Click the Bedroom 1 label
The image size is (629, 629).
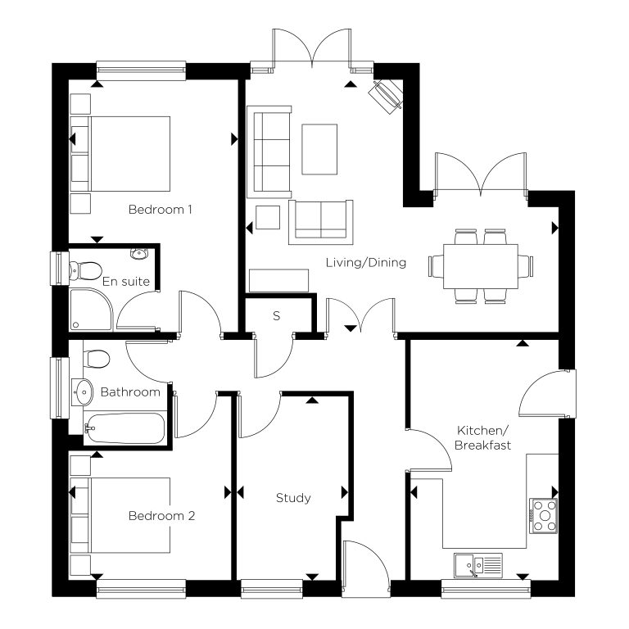tap(160, 210)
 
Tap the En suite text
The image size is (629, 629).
tap(126, 282)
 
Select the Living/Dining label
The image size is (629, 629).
tap(366, 263)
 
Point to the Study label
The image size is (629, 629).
tap(293, 498)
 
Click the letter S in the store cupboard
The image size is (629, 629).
tap(276, 316)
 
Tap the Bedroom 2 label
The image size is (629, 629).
tap(161, 516)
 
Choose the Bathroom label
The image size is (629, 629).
tap(130, 392)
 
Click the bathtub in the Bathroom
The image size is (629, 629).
tap(124, 428)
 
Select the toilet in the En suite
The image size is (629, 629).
tap(85, 271)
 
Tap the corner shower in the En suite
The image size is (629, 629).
tap(91, 309)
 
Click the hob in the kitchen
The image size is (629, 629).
tap(544, 516)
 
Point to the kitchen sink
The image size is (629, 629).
tap(477, 565)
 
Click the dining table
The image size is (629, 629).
tap(481, 266)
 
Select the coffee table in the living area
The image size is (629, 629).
tap(319, 149)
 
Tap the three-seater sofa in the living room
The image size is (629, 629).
tap(269, 152)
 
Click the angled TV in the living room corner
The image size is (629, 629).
tap(386, 97)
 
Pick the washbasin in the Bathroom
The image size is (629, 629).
tap(83, 392)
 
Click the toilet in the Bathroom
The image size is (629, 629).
tap(97, 358)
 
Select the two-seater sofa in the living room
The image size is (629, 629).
tap(321, 222)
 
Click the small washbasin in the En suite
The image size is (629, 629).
tap(139, 254)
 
